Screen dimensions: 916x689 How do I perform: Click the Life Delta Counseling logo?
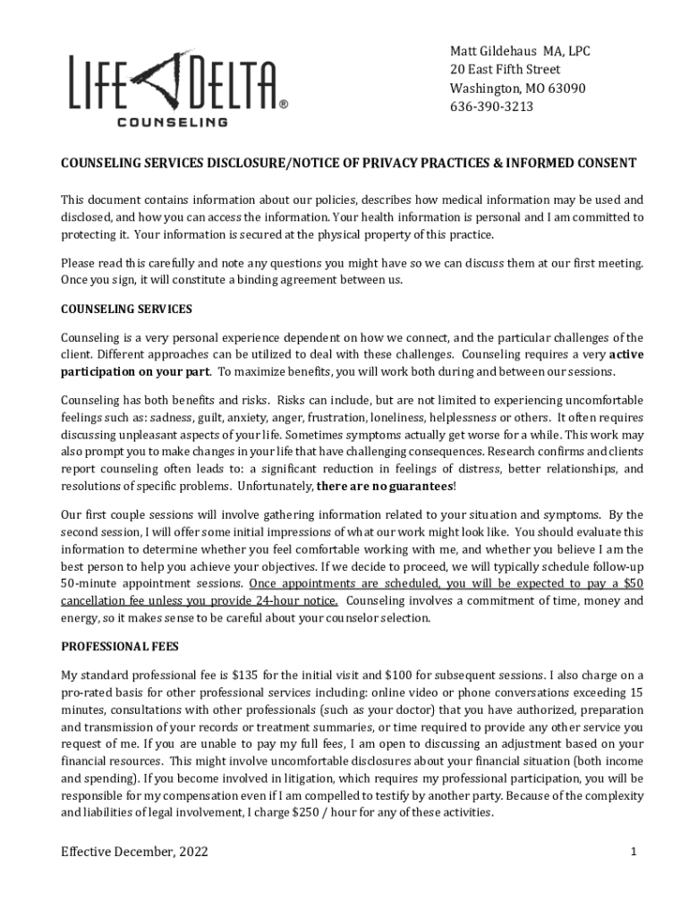[175, 88]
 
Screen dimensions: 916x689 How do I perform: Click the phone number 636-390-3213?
[491, 106]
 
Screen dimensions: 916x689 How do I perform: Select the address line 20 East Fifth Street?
[505, 70]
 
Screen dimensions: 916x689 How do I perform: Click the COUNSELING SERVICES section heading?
[126, 310]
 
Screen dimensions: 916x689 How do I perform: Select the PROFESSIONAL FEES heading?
[119, 646]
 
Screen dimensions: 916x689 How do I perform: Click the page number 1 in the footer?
[633, 852]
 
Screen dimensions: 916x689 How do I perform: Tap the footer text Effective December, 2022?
[134, 852]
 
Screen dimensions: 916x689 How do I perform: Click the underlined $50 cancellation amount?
[633, 583]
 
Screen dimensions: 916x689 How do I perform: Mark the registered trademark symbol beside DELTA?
[284, 104]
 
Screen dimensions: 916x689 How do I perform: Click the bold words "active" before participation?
[625, 354]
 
